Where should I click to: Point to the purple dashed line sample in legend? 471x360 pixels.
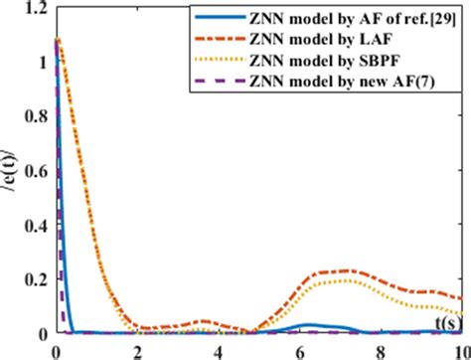pyautogui.click(x=220, y=79)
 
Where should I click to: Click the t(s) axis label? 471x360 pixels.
pyautogui.click(x=448, y=323)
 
